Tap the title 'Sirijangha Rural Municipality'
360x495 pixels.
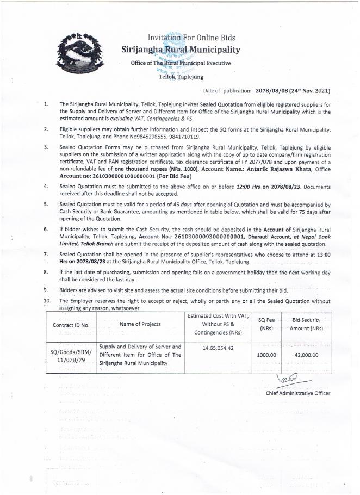[x=180, y=51]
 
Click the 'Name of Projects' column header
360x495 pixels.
[x=140, y=324]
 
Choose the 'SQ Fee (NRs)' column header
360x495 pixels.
[x=265, y=324]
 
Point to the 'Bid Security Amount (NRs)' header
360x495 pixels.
[x=306, y=324]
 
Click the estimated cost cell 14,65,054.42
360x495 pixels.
[x=217, y=346]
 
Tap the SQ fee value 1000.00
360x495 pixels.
[x=266, y=355]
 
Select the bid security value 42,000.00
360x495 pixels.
[x=306, y=355]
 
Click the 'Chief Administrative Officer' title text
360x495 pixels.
[x=297, y=393]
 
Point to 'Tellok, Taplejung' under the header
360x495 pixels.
[x=181, y=77]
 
